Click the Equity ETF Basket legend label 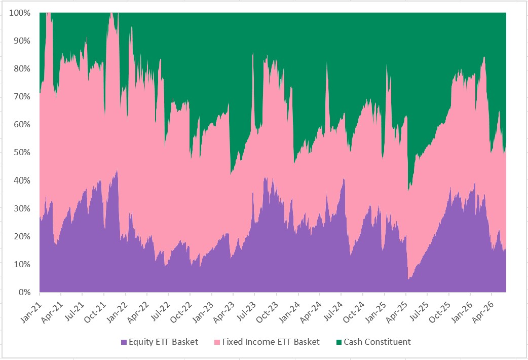click(163, 342)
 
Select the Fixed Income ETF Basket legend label click(271, 342)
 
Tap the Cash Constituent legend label click(377, 342)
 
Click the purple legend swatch click(124, 342)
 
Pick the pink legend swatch click(217, 342)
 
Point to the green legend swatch click(339, 342)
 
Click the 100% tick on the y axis click(20, 13)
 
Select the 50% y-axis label click(22, 152)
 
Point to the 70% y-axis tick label click(22, 97)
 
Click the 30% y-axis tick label click(22, 208)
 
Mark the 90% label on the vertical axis click(22, 41)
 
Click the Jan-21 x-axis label click(31, 312)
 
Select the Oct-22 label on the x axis click(181, 312)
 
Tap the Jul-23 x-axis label click(246, 312)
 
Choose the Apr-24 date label click(311, 312)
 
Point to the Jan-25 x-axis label click(375, 312)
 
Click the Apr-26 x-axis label click(483, 312)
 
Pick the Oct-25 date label click(440, 312)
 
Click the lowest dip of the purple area click(408, 279)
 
